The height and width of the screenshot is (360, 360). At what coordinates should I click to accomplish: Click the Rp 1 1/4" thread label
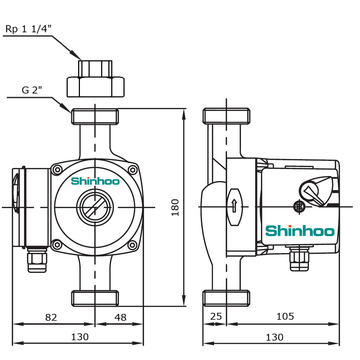coord(28,29)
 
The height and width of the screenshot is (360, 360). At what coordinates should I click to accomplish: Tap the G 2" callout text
coord(32,90)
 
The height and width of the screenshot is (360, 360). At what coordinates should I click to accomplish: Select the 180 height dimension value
coord(175,207)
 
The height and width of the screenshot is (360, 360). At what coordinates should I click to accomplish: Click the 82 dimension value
coord(51,317)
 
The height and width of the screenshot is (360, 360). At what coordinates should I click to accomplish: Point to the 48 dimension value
coord(120,317)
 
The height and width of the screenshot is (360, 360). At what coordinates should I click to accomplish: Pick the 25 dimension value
coord(216,316)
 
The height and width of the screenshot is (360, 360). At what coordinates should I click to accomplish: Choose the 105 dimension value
coord(285,316)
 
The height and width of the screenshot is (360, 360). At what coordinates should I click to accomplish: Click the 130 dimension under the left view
coord(80,337)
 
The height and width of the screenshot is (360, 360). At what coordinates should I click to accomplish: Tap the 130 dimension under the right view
coord(275,337)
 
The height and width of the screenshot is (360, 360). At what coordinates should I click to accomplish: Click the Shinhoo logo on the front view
coord(95,181)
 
